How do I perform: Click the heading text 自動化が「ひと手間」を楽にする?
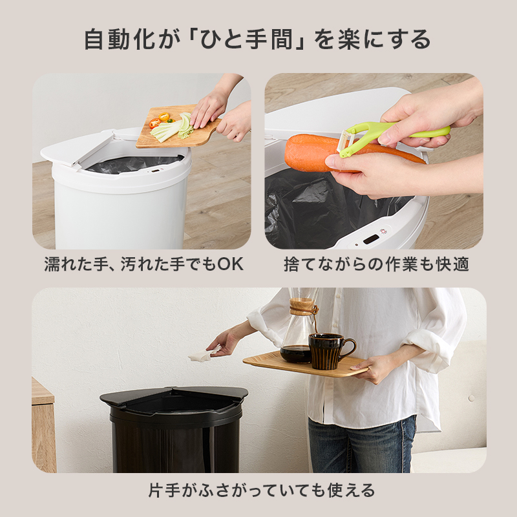click(x=258, y=40)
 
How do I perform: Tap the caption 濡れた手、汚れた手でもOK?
click(x=143, y=264)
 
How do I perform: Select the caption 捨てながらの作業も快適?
click(x=376, y=264)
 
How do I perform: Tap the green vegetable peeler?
click(x=388, y=135)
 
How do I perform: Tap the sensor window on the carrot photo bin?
click(x=371, y=239)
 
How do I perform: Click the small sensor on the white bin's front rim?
click(x=155, y=171)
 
